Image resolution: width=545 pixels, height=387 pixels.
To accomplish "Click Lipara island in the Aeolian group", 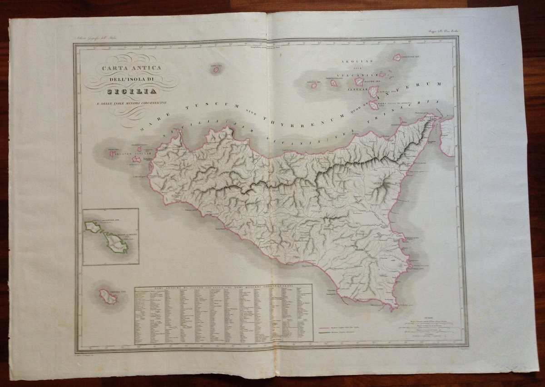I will point(373,91).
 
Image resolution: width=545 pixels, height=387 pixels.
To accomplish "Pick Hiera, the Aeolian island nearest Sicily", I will point(374,105).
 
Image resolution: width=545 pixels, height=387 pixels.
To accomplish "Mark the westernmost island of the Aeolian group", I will point(313,85).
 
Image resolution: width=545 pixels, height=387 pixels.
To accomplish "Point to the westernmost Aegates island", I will point(112,154).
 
